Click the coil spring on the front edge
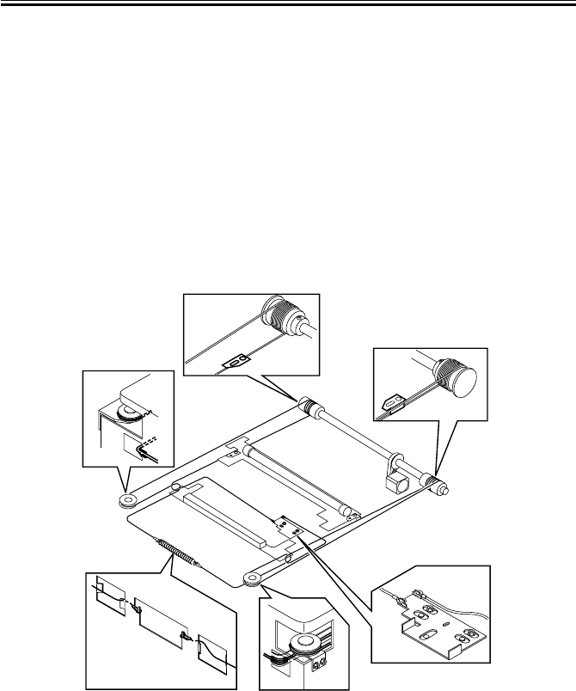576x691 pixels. pos(178,553)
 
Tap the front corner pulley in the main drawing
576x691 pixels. pos(253,577)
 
